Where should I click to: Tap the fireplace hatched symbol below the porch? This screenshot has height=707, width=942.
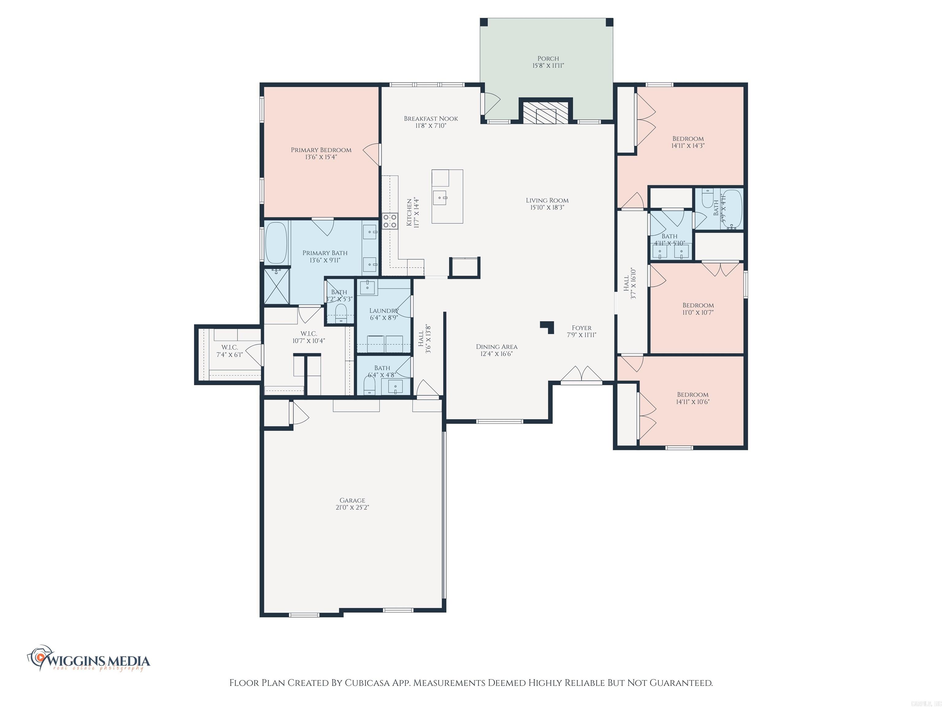tap(546, 112)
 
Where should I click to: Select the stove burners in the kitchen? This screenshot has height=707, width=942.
tap(389, 221)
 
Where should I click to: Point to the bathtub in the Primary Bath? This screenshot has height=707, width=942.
tap(276, 243)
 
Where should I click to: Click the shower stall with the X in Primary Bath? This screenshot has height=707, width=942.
tap(276, 286)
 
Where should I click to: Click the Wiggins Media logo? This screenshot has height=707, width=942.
tap(90, 661)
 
